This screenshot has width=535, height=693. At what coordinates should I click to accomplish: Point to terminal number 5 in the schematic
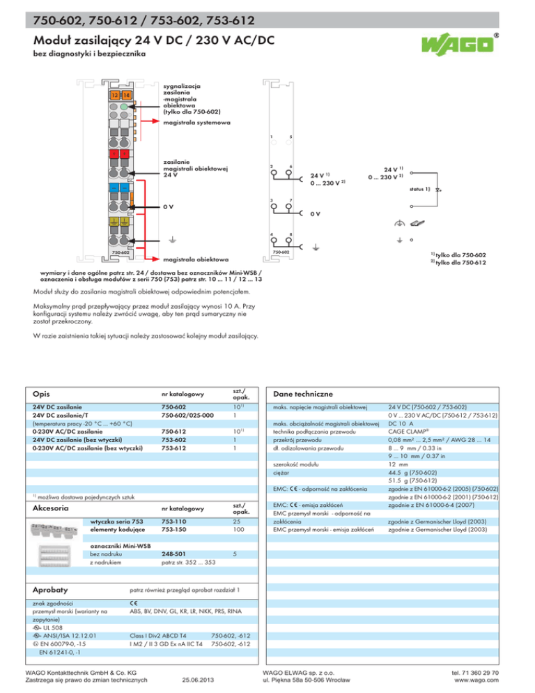point(290,137)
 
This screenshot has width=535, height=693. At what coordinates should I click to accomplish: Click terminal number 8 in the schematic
point(290,234)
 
